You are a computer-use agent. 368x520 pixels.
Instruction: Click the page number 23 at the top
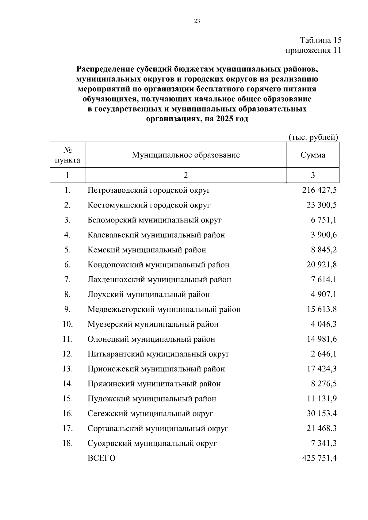coord(197,21)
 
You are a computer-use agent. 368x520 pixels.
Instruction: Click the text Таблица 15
coord(320,40)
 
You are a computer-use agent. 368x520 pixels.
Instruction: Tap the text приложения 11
coord(313,50)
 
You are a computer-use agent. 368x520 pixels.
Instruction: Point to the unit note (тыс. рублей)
coord(313,137)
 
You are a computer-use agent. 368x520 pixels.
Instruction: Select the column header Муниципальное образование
coord(186,155)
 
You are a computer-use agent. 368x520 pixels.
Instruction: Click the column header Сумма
coord(313,155)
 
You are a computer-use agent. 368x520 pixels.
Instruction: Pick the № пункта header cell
coord(67,155)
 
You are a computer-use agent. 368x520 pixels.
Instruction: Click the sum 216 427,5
coord(319,190)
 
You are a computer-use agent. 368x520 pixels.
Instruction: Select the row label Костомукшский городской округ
coord(149,205)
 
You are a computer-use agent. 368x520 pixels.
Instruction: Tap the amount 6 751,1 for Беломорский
coord(324,220)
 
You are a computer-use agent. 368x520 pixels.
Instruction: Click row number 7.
coord(67,279)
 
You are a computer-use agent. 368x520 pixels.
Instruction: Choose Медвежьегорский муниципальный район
coord(164,309)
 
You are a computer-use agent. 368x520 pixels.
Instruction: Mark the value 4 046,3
coord(324,324)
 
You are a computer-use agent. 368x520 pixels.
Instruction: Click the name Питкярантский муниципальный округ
coord(159,354)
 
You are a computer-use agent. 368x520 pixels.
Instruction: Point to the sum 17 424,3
coord(321,369)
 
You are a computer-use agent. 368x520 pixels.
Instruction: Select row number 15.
coord(67,399)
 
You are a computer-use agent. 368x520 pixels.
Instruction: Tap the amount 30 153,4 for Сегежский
coord(321,414)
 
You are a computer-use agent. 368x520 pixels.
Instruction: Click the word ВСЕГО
coord(102,458)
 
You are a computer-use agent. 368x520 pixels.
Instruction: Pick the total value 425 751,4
coord(319,458)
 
